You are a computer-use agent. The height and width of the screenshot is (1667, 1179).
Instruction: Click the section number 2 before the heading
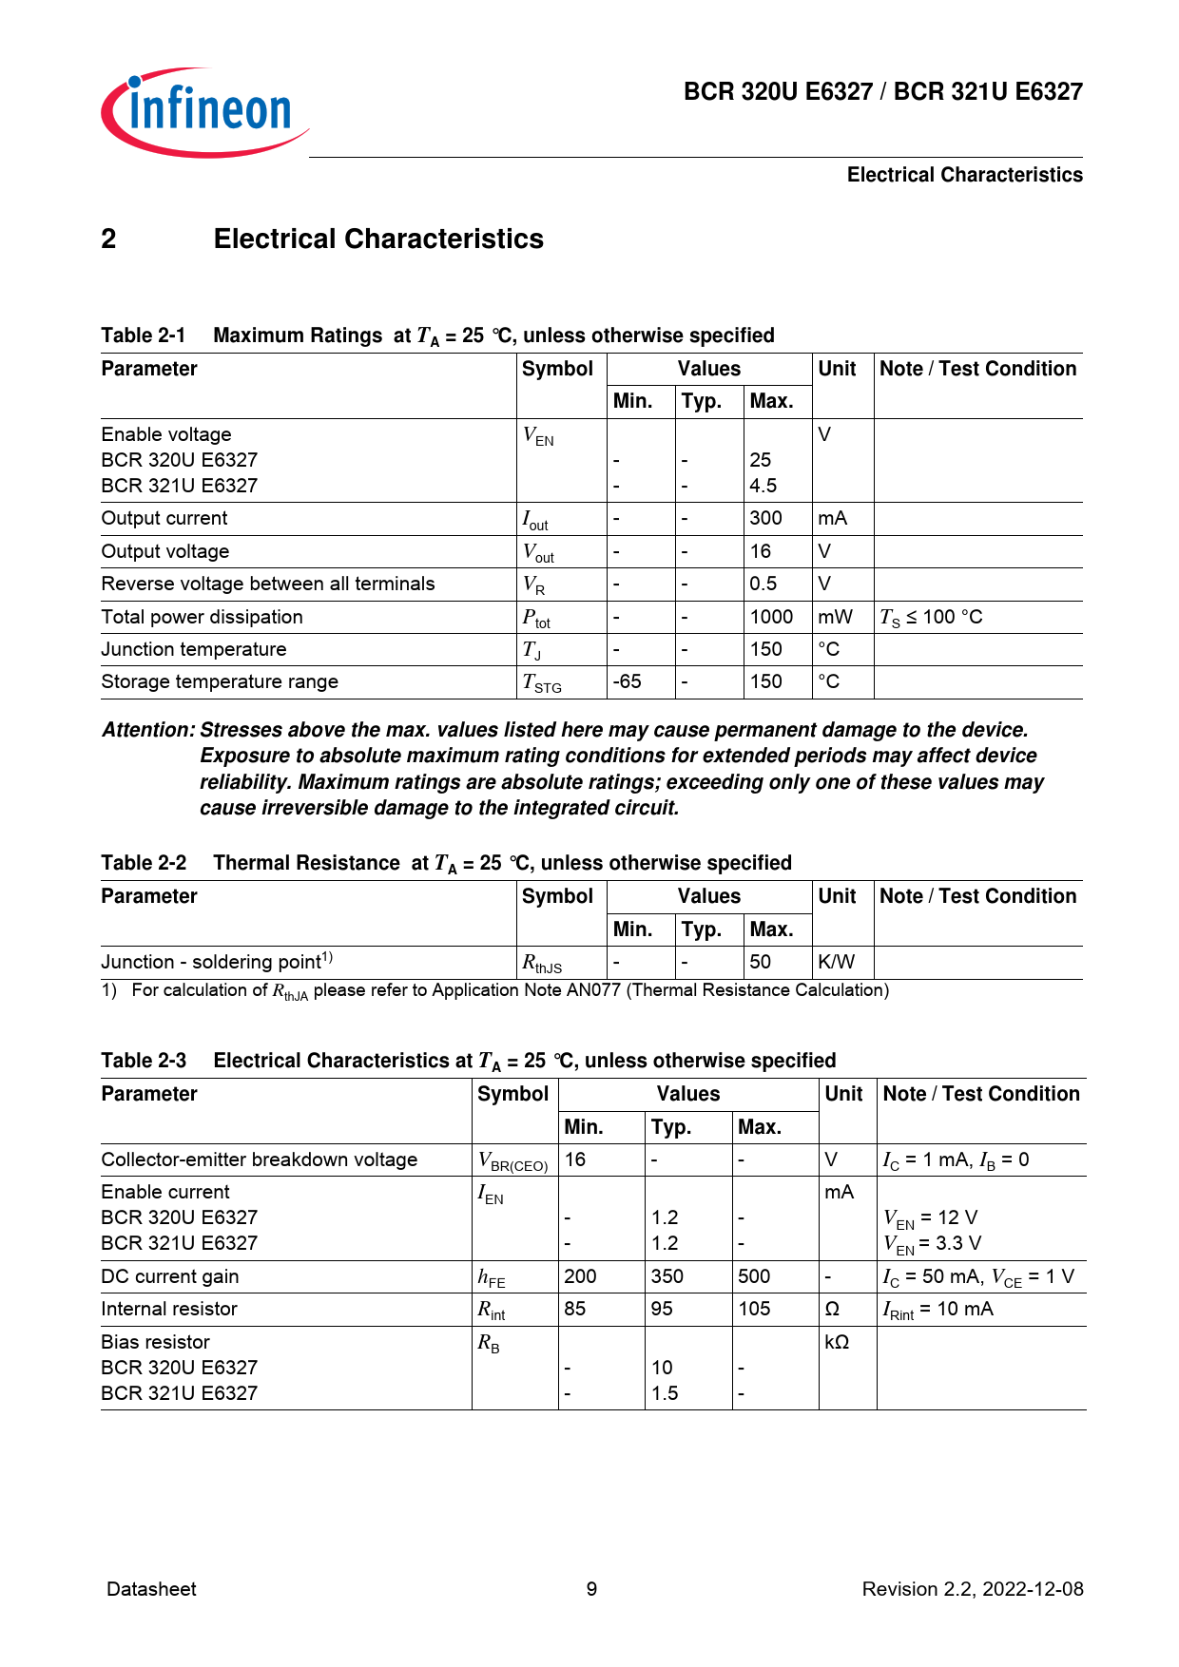(108, 239)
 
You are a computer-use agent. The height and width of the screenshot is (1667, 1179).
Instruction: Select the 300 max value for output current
(765, 518)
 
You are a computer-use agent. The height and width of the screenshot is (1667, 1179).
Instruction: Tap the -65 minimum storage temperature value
(627, 681)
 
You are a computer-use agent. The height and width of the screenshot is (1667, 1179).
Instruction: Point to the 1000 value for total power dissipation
(771, 617)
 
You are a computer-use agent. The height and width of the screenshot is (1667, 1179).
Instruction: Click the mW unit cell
(835, 617)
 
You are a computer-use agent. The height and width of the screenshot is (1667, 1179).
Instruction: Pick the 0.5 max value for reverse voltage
(763, 584)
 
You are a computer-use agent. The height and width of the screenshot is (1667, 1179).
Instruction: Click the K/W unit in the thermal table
(836, 962)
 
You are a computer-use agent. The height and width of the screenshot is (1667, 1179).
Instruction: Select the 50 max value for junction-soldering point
(760, 962)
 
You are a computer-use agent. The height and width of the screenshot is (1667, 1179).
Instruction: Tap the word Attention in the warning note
(147, 730)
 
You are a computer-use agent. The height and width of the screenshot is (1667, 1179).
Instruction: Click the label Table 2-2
(144, 863)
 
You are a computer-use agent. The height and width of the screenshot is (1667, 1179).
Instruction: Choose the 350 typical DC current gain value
(667, 1276)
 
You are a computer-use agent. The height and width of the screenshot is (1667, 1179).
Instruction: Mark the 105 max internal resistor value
(754, 1309)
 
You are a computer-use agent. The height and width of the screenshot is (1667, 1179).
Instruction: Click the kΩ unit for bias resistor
(837, 1342)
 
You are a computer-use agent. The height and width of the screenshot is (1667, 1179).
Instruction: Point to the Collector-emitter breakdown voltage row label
(259, 1159)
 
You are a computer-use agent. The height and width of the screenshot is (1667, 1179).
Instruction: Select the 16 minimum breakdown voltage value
(574, 1159)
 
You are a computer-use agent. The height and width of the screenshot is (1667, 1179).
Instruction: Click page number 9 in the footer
(591, 1589)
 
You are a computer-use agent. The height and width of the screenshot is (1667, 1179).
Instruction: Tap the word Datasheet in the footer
(151, 1589)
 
